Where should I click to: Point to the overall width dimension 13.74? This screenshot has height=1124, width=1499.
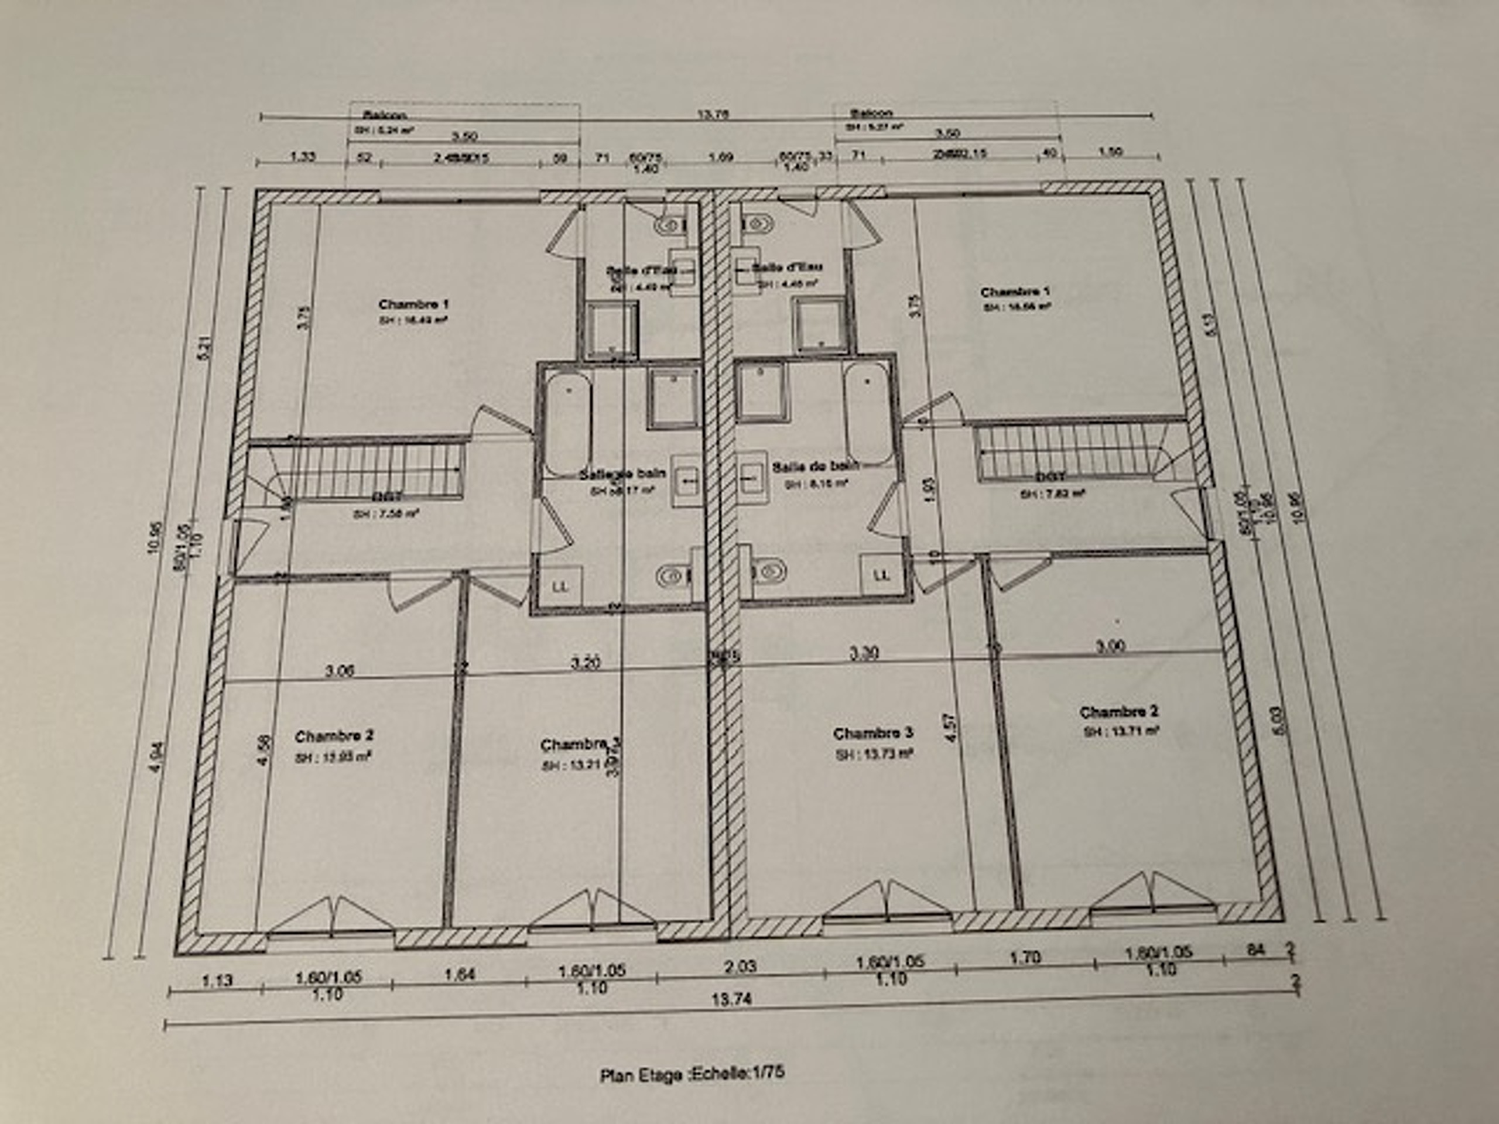[x=732, y=999]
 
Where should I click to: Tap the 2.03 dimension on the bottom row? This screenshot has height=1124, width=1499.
[x=740, y=965]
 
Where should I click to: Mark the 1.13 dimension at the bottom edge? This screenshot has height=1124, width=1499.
[x=217, y=979]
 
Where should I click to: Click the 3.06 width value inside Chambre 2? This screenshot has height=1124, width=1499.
[x=339, y=671]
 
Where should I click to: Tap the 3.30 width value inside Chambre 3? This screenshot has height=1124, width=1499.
[x=865, y=653]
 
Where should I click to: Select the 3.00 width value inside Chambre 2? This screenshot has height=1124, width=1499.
[x=1111, y=646]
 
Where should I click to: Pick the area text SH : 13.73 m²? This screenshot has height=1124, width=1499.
[x=874, y=753]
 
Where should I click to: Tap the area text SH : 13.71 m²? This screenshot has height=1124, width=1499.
[x=1121, y=731]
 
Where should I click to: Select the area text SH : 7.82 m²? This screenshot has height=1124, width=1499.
[x=1052, y=494]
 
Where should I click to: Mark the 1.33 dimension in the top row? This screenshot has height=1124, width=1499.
[x=302, y=156]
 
